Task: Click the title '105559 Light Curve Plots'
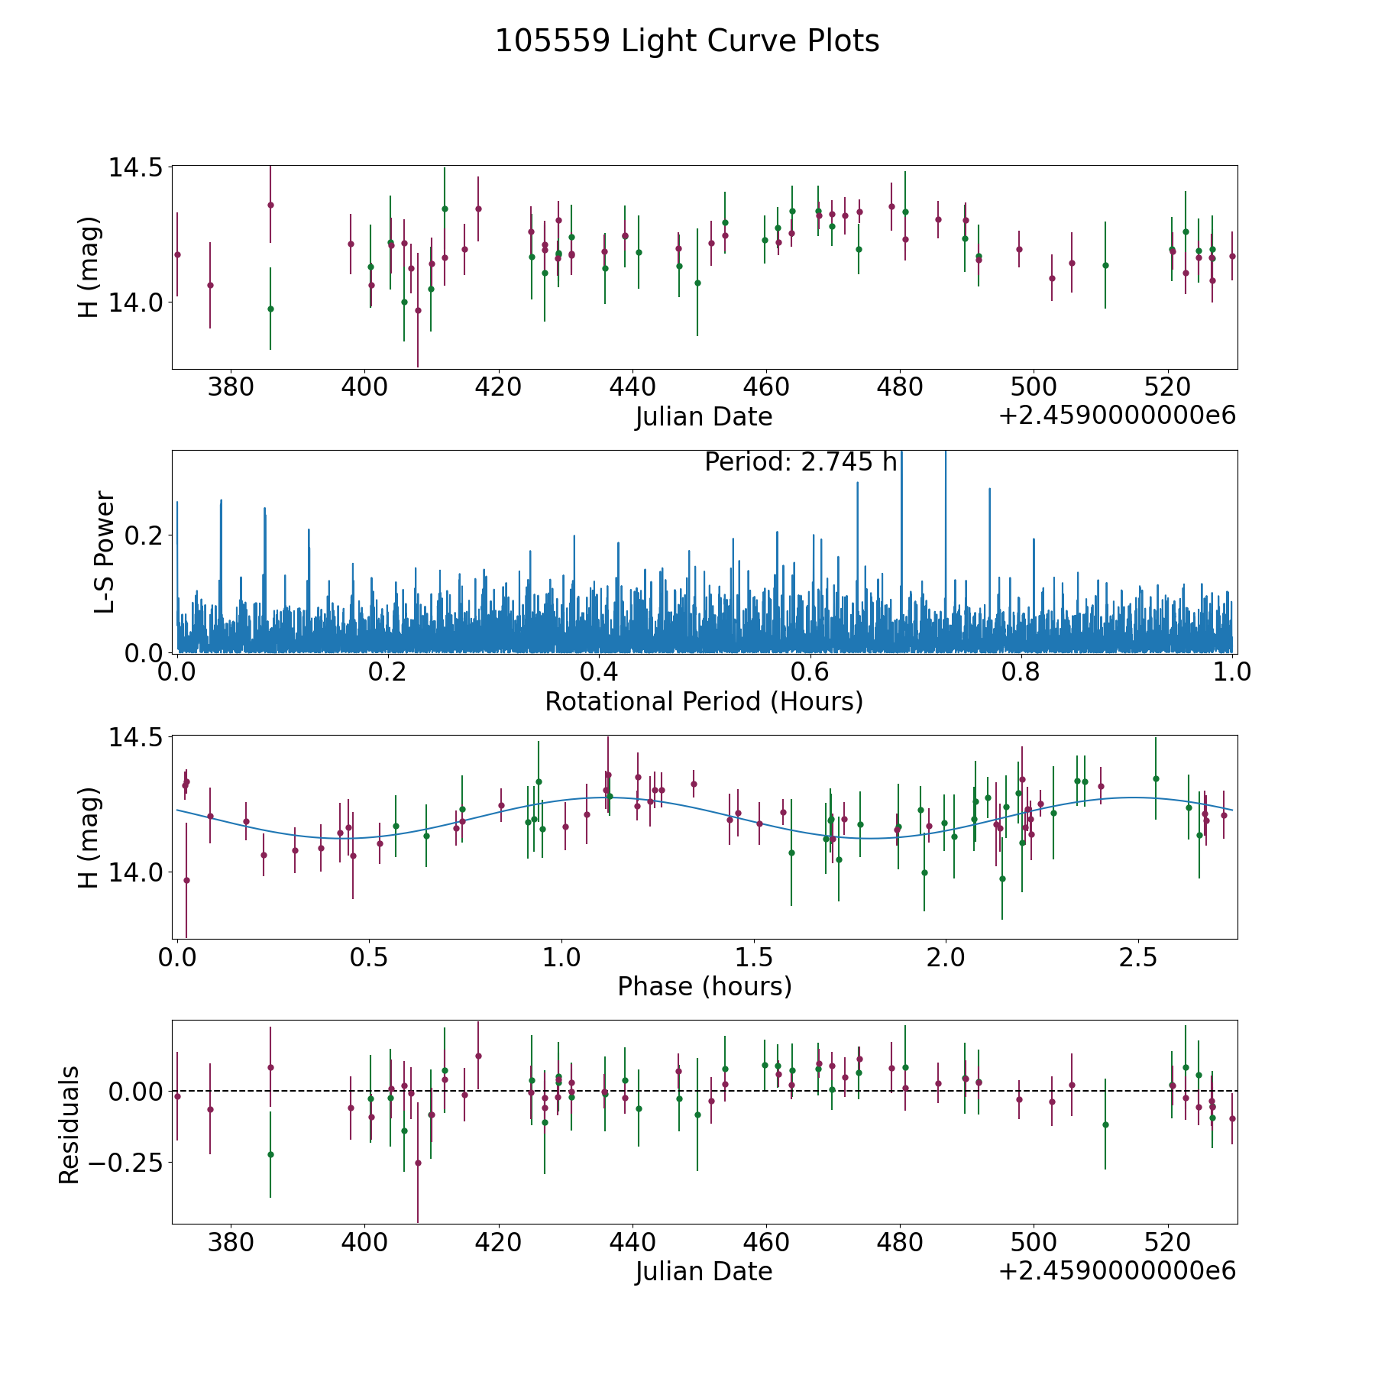[687, 41]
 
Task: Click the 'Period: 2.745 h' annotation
[800, 462]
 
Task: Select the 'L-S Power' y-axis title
[105, 552]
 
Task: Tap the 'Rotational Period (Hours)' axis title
[704, 701]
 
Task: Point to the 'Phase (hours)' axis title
[704, 986]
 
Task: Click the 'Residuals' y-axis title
[70, 1125]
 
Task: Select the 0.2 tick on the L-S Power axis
[145, 535]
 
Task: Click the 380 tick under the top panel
[231, 388]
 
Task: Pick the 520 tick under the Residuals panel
[1168, 1243]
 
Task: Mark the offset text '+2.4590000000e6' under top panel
[1117, 416]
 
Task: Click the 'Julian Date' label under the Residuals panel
[704, 1272]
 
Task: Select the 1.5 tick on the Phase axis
[754, 958]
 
